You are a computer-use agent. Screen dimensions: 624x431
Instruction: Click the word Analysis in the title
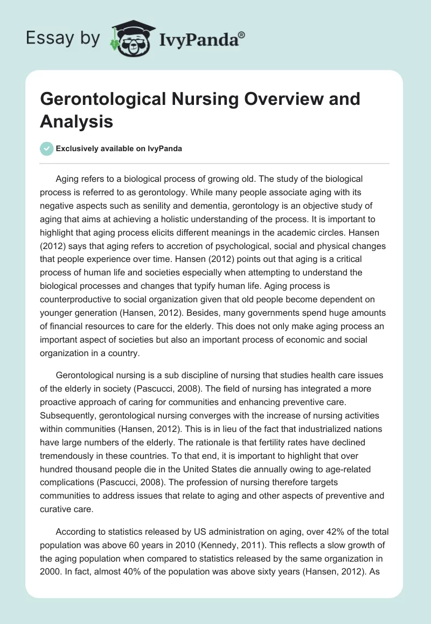tap(77, 122)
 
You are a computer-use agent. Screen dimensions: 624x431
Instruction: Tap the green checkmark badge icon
tap(46, 148)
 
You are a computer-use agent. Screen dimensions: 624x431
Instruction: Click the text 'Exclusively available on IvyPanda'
tap(119, 149)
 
